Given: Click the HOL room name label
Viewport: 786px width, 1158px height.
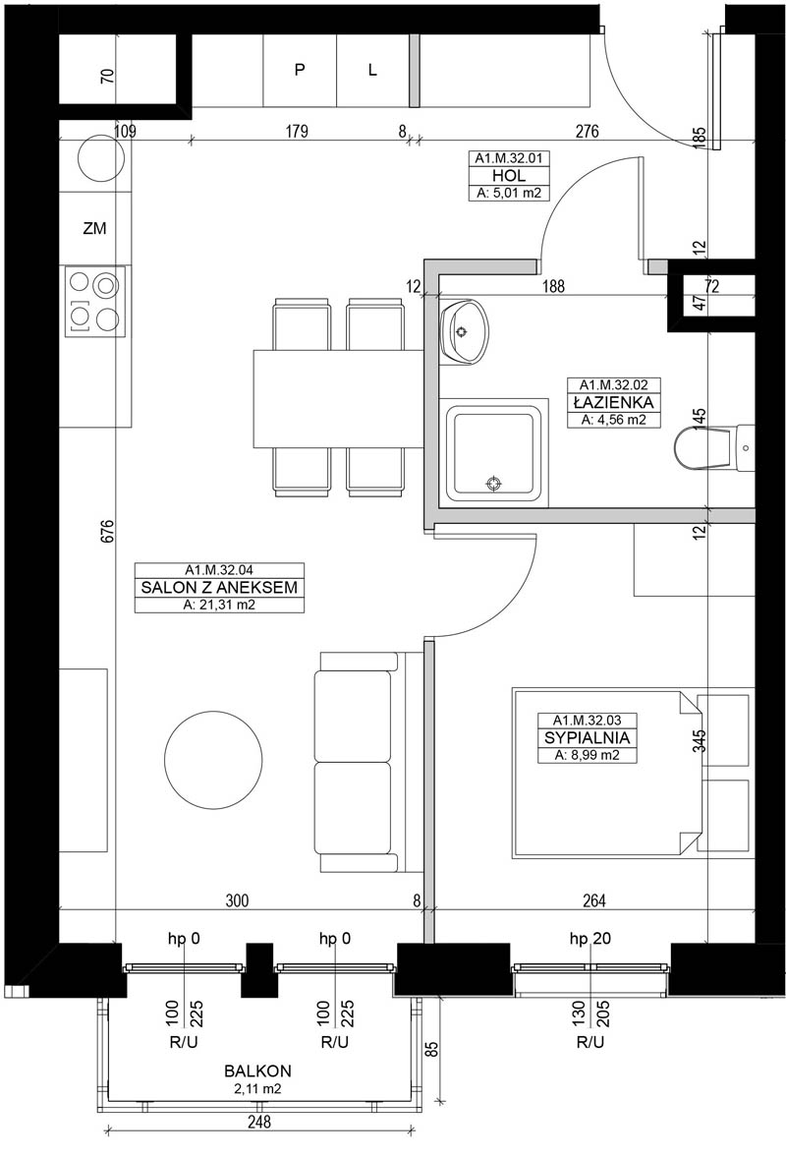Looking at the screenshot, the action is [x=509, y=176].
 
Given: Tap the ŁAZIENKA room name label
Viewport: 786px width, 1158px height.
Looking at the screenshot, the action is [x=613, y=402].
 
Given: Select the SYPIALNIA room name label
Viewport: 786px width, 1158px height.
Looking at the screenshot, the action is [x=587, y=737].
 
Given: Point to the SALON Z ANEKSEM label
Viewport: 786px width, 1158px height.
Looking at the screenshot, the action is [x=219, y=587].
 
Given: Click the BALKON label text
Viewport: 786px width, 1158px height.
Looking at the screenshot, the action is [x=258, y=1071].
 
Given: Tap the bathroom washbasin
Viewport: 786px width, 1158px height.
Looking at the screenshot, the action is [x=464, y=332].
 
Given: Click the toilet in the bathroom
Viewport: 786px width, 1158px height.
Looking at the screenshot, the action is [x=713, y=447].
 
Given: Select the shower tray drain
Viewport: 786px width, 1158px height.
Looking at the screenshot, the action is [x=494, y=483].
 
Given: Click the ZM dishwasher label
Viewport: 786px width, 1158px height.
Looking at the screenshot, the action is [x=94, y=229].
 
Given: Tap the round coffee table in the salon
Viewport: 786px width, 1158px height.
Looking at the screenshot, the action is [x=213, y=760].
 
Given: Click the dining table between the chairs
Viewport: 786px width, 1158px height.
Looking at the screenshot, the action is [x=338, y=399].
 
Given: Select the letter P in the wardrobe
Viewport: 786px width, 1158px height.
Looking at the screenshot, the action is [x=300, y=70].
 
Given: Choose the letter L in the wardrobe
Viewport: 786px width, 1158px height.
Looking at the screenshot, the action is [x=372, y=70].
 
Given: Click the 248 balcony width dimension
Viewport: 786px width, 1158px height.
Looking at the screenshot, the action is [x=259, y=1122].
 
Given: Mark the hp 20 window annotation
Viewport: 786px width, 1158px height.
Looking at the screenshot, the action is [x=590, y=939].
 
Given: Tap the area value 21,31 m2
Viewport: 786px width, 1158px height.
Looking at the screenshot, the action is [x=219, y=605].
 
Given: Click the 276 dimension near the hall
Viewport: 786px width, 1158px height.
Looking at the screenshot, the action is [x=587, y=132].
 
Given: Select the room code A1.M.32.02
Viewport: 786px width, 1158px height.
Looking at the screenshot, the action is [x=613, y=384].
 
